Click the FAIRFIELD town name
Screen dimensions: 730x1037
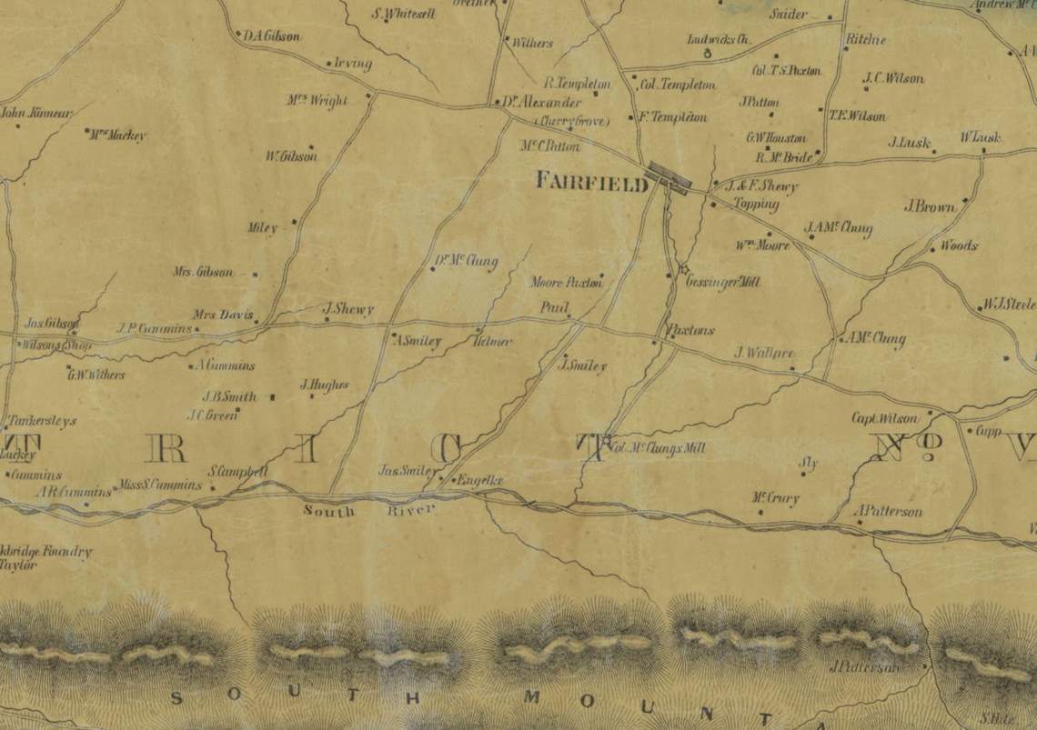click(591, 181)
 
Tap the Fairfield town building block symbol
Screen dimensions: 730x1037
click(669, 175)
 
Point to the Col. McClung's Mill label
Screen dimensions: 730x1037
click(657, 447)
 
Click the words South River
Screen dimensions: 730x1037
click(369, 511)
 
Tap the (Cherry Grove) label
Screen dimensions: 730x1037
click(571, 121)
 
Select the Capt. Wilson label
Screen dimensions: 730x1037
click(885, 418)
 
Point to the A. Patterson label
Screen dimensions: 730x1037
click(889, 512)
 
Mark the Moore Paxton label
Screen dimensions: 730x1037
click(566, 283)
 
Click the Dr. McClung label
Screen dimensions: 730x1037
click(465, 263)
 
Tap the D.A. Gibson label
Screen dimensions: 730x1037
click(271, 36)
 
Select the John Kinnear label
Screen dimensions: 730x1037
click(36, 114)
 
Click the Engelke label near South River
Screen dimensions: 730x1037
click(478, 480)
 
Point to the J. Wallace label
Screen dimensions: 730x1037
click(764, 353)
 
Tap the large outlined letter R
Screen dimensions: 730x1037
click(166, 447)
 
